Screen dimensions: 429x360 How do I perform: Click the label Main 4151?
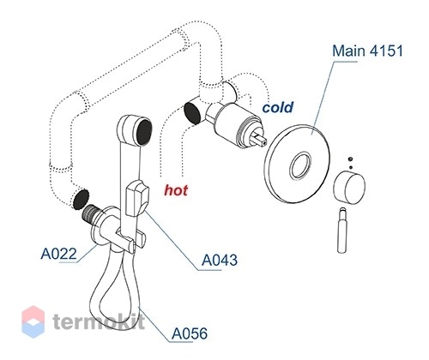coord(367,51)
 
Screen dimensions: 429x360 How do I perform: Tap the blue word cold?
coord(278,107)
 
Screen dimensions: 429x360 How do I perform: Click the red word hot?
coord(176,190)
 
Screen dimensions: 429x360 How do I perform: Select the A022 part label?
coord(59,254)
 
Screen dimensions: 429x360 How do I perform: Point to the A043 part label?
coord(220,261)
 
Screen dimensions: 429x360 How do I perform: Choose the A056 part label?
coord(190,333)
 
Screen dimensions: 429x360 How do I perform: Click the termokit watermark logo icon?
coord(33,321)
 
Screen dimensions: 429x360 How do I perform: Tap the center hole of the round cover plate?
coord(300,165)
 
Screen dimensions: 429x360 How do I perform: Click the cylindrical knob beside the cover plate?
coord(349,188)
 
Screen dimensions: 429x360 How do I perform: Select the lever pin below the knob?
coord(342,231)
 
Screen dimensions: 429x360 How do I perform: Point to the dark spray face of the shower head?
coord(144,131)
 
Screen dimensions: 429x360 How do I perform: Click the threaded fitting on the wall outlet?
coord(91,214)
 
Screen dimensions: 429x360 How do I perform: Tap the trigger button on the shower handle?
coord(137,199)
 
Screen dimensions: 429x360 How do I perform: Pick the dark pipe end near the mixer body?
coord(192,113)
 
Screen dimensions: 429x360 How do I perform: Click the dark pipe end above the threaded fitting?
coord(81,199)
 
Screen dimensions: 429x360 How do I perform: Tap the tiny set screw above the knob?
coord(351,159)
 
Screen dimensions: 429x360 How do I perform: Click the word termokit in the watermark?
coord(99,321)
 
